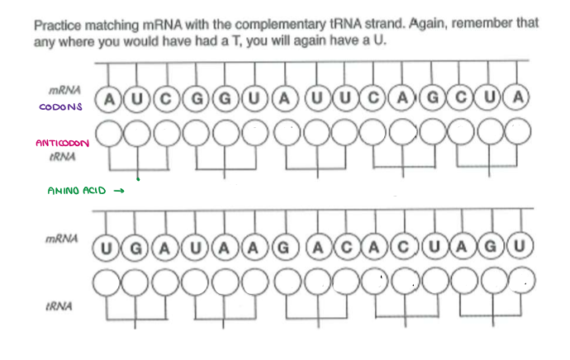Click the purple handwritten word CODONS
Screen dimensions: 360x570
coord(60,107)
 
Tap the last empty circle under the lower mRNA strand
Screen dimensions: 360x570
coord(519,282)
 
